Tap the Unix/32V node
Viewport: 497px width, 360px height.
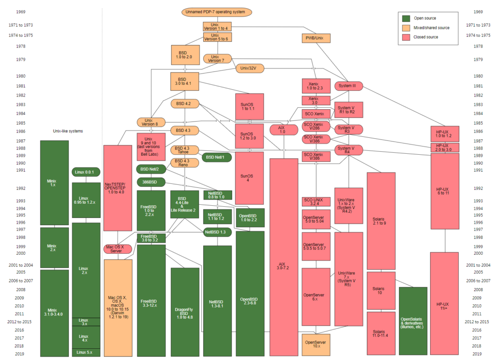pos(249,68)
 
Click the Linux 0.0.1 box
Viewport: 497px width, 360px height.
pos(86,172)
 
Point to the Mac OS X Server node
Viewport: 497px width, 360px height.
pos(117,249)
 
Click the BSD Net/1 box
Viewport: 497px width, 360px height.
pos(216,158)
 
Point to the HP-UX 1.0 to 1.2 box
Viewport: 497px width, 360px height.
pos(445,134)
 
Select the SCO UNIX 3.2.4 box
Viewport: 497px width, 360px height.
pos(316,202)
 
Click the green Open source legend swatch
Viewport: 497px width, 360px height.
pos(406,18)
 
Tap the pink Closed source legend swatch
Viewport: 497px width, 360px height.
pos(406,37)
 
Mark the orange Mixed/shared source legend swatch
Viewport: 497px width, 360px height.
pos(406,28)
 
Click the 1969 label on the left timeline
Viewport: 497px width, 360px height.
pos(21,12)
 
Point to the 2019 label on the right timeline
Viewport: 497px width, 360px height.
pos(479,354)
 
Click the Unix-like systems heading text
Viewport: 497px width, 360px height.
pos(68,131)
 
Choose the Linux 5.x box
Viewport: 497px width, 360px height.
pos(86,352)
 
